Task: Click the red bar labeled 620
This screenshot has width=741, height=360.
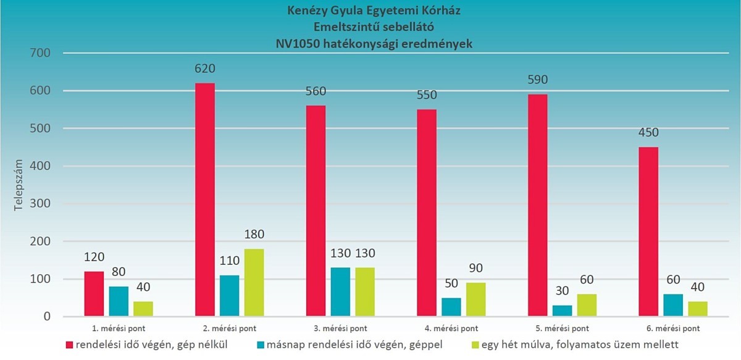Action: [204, 200]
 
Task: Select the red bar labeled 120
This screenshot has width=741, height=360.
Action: [93, 294]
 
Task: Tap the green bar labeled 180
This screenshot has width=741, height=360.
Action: [254, 283]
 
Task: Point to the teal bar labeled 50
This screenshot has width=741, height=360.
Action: [451, 308]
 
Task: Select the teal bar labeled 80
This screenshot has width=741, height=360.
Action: [119, 301]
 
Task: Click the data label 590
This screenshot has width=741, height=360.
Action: [537, 80]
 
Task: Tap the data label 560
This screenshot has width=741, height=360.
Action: [316, 91]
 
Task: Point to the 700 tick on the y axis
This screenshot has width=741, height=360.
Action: [41, 54]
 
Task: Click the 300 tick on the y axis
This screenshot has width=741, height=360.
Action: [41, 204]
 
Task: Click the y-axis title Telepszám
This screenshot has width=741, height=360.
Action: [19, 185]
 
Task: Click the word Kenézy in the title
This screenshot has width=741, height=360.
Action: [309, 10]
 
